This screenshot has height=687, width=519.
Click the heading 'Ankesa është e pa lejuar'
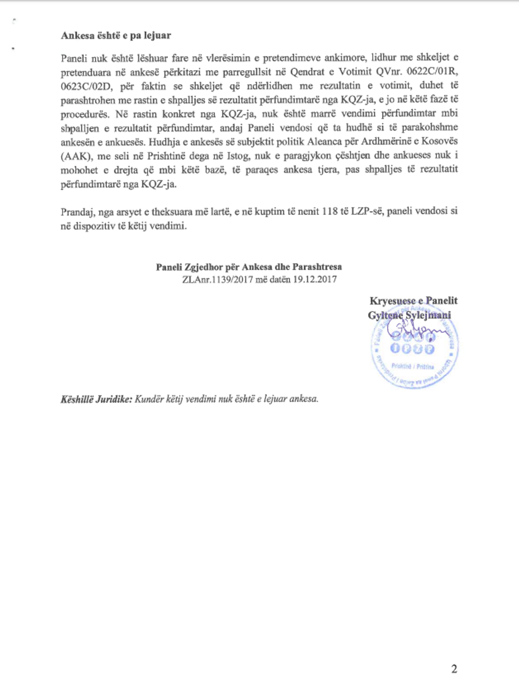[x=115, y=36]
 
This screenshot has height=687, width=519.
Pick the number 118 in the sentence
[x=330, y=212]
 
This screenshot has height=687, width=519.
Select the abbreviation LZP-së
[x=366, y=212]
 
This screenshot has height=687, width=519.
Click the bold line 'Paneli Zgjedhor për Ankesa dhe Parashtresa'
[x=248, y=267]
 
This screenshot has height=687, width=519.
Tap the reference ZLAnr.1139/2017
[x=218, y=279]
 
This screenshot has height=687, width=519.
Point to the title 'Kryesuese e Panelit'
[x=413, y=301]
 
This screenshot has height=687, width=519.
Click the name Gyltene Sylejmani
[x=409, y=315]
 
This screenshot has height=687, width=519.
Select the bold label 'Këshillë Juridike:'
[x=95, y=399]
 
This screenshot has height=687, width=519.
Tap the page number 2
[x=454, y=669]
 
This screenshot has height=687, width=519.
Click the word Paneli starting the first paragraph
[x=74, y=58]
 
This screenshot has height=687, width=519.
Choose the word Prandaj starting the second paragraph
[x=77, y=212]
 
